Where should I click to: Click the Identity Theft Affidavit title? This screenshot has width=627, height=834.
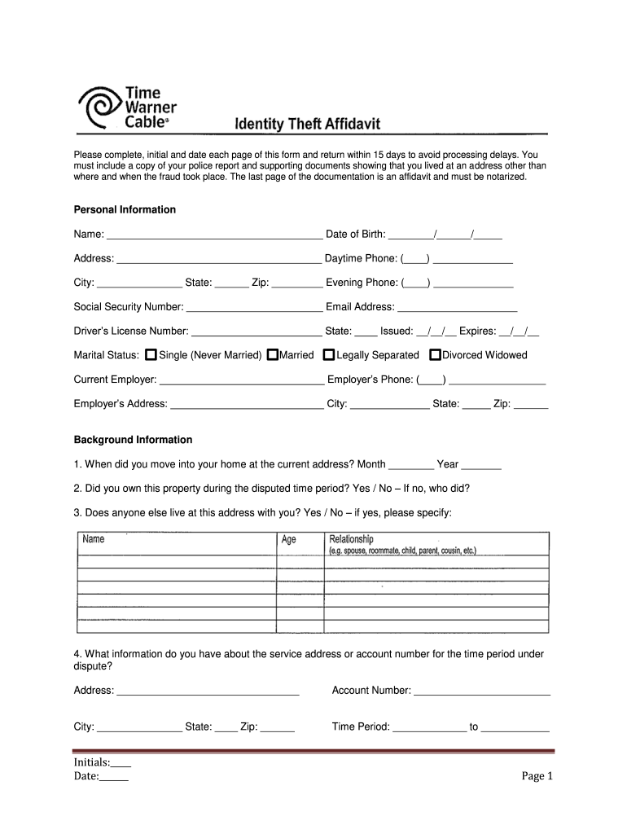pyautogui.click(x=307, y=124)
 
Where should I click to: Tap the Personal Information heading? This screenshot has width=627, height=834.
pyautogui.click(x=125, y=209)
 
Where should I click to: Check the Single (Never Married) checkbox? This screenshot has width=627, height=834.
pyautogui.click(x=151, y=355)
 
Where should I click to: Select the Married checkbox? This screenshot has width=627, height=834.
pyautogui.click(x=273, y=355)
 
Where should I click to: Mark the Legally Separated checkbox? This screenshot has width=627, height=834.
pyautogui.click(x=329, y=355)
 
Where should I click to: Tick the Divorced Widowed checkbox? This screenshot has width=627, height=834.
pyautogui.click(x=435, y=355)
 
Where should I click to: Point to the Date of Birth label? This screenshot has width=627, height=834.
pyautogui.click(x=356, y=235)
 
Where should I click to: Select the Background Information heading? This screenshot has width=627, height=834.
pyautogui.click(x=133, y=440)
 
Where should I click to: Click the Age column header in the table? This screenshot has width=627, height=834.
pyautogui.click(x=289, y=540)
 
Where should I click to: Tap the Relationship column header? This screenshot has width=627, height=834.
pyautogui.click(x=351, y=539)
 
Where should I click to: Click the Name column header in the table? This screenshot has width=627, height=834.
pyautogui.click(x=94, y=539)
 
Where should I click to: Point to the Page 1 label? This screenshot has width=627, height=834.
pyautogui.click(x=537, y=776)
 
